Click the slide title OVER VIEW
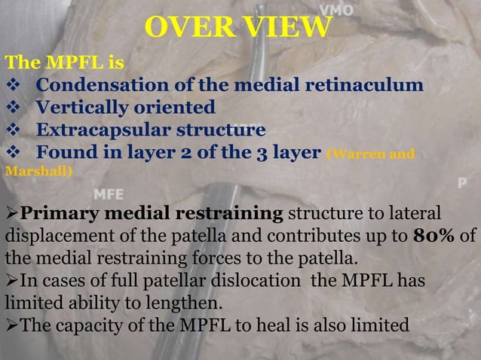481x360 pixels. [x=238, y=27]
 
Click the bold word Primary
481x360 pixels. [x=57, y=213]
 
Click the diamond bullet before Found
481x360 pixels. [x=15, y=154]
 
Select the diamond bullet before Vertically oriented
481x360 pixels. [x=15, y=108]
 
